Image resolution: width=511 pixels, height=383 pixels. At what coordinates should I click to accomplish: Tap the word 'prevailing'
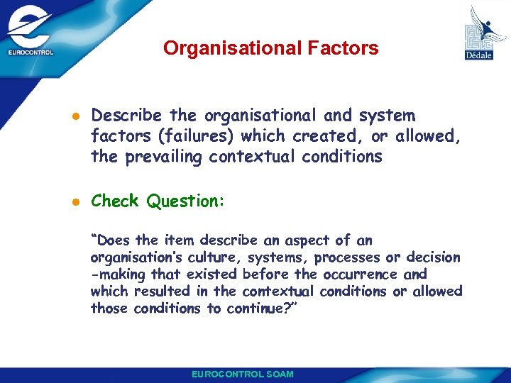[x=164, y=156]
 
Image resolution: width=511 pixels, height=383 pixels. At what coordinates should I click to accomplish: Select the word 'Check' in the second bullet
[x=116, y=201]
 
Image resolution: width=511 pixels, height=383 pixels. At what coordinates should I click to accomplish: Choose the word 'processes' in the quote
[x=348, y=257]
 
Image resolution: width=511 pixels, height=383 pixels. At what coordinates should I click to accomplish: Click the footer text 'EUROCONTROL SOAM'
[x=242, y=374]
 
